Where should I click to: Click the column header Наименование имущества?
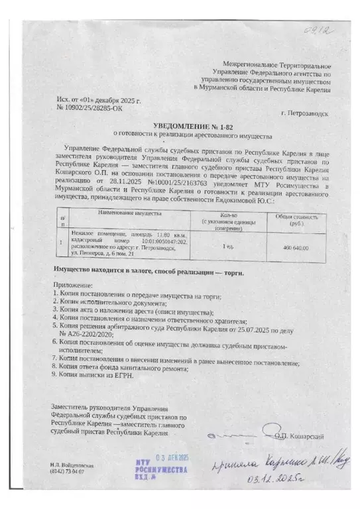(x=130, y=214)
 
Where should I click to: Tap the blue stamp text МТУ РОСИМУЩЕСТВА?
(x=159, y=471)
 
